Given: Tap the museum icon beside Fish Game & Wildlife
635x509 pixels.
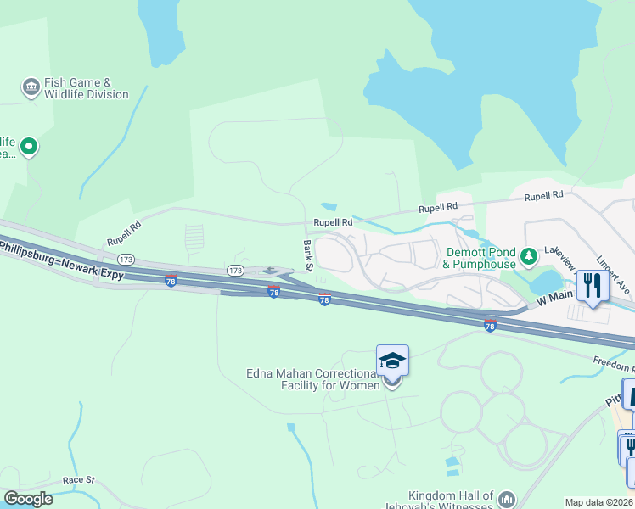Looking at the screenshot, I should tap(31, 87).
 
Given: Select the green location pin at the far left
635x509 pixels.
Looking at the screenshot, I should tap(29, 148).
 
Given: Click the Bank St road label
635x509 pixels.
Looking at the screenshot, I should tap(308, 255).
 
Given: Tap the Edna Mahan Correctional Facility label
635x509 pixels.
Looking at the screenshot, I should tap(312, 379).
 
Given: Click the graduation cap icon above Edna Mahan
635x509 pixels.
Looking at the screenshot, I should tap(392, 361).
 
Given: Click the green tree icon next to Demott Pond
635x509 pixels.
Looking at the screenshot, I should tap(529, 255).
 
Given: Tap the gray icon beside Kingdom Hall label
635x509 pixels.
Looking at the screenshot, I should tap(507, 499).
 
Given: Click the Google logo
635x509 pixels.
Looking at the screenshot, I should tap(29, 499).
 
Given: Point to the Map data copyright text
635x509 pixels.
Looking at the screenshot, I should tap(599, 502).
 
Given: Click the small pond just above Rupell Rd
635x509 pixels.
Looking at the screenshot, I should tap(329, 206).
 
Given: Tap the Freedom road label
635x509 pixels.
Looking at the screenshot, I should tap(613, 364).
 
